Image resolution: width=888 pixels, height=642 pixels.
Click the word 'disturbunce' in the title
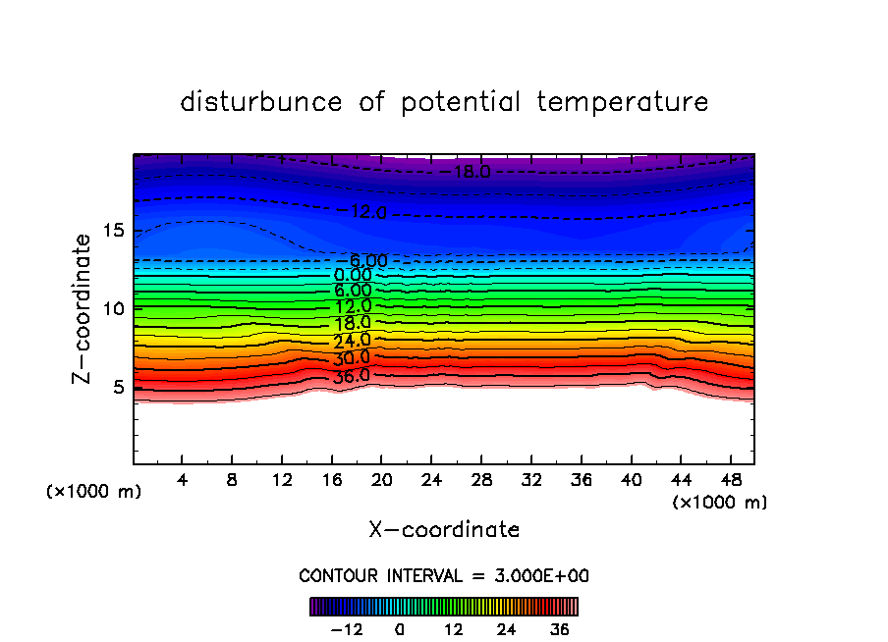tap(261, 102)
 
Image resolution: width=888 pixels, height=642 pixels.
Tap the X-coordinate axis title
tap(444, 530)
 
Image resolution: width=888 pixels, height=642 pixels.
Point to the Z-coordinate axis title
tap(83, 308)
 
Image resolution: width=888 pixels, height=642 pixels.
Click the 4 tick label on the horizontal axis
tap(183, 481)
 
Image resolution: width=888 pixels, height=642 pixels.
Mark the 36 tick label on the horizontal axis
tap(580, 481)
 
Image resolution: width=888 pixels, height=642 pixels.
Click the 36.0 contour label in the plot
tap(351, 375)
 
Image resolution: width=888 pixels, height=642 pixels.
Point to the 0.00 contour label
tap(353, 276)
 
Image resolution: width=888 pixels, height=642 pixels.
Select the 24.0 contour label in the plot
tap(351, 341)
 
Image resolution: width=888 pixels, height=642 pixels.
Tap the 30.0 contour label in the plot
tap(351, 358)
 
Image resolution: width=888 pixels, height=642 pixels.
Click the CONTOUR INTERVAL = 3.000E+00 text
tap(444, 575)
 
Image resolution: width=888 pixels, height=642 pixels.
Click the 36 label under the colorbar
tap(559, 629)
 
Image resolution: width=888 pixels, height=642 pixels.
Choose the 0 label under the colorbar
tap(400, 629)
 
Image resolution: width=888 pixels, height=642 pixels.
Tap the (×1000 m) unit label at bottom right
tap(719, 503)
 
